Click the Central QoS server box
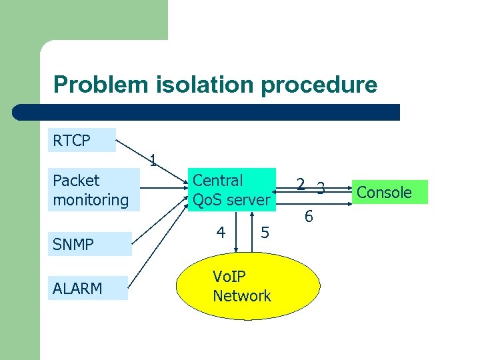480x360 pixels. click(231, 190)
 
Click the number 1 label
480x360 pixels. click(153, 160)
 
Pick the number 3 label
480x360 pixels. click(321, 189)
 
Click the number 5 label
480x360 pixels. click(265, 233)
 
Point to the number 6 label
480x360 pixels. click(309, 217)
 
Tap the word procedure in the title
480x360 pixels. click(319, 85)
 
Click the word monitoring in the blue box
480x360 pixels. click(91, 200)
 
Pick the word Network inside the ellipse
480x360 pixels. click(242, 296)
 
